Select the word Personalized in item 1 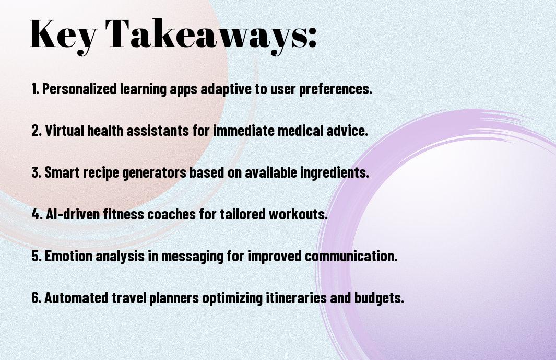click(79, 89)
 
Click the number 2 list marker click(37, 131)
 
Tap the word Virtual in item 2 click(65, 130)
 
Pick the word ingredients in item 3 click(333, 173)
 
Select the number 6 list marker click(37, 297)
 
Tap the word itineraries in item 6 click(296, 297)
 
